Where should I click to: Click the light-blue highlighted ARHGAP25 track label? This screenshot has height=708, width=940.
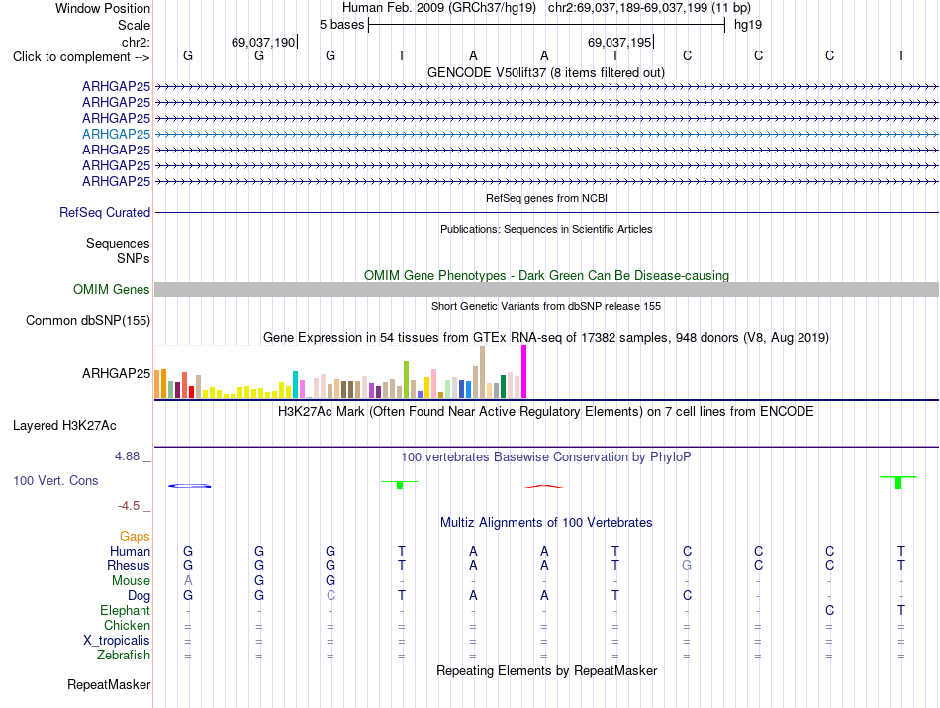[x=117, y=134]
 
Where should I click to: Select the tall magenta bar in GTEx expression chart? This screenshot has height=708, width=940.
[x=524, y=371]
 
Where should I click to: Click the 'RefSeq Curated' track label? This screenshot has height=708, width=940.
[x=105, y=212]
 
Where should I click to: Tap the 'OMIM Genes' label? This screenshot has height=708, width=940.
[x=112, y=290]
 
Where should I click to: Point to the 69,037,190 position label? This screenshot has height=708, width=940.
[x=263, y=42]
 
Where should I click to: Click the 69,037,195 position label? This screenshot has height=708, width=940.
[x=619, y=42]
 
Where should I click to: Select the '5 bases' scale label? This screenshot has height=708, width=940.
[x=341, y=25]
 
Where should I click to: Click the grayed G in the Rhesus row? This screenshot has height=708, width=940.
[x=687, y=565]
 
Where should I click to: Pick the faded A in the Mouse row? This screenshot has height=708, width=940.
[x=188, y=581]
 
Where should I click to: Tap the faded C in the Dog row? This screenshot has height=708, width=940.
[x=330, y=596]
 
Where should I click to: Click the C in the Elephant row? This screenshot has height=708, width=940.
[x=830, y=610]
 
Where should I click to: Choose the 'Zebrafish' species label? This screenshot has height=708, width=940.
[x=124, y=656]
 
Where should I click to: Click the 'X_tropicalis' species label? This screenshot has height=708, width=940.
[x=117, y=641]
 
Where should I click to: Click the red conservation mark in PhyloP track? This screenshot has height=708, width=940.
[x=544, y=486]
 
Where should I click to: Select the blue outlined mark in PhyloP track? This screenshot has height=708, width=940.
[x=189, y=486]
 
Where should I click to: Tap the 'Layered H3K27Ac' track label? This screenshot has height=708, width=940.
[x=64, y=426]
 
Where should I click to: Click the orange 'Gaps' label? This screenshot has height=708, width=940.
[x=135, y=537]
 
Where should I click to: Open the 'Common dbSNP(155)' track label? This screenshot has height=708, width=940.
[x=88, y=321]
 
